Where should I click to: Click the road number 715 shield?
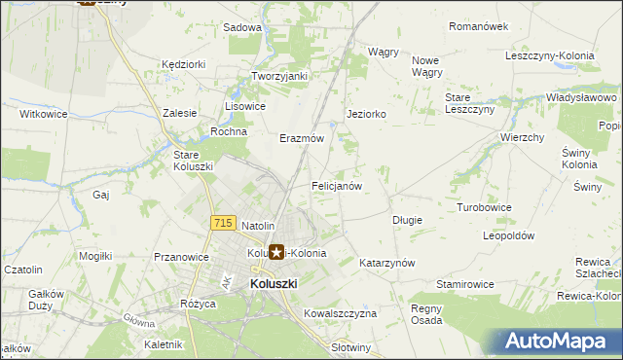point(222,224)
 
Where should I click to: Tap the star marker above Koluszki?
point(276,253)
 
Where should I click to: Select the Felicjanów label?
point(337,185)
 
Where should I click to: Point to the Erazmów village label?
point(302,139)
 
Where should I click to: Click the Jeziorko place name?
point(367,114)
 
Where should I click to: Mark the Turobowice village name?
point(485,207)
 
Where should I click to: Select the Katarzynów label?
point(387,264)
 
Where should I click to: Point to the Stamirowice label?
point(465,283)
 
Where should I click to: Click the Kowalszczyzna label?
point(340,314)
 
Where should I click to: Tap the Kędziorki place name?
point(184,64)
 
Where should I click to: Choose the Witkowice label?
point(43,114)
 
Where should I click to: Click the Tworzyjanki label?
point(279,76)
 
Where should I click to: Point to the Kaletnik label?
point(163,344)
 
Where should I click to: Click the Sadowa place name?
point(242,28)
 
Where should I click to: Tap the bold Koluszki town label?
point(274,283)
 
